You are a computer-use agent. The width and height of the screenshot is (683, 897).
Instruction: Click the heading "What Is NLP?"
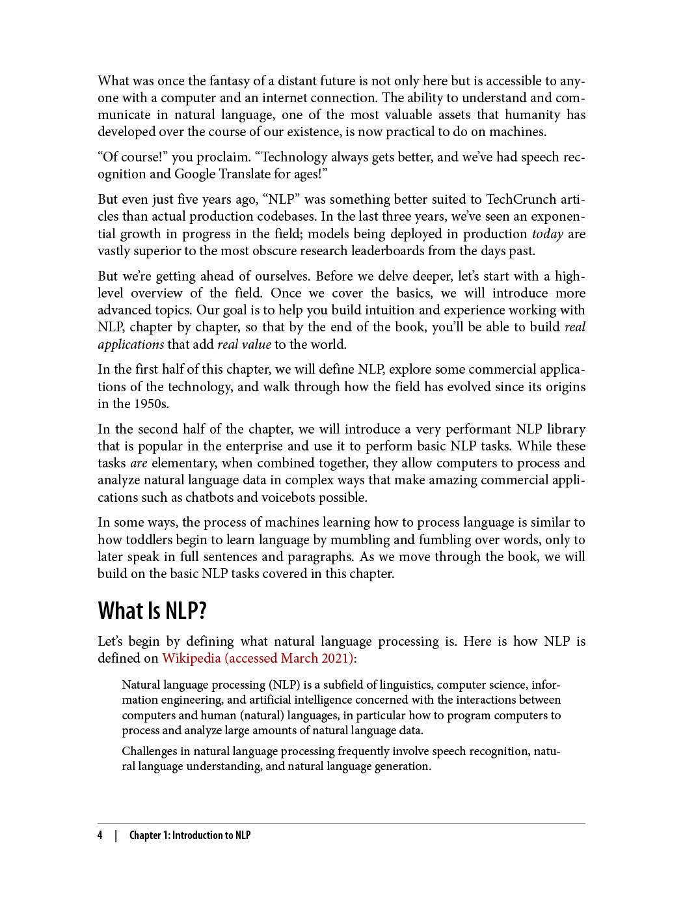[152, 611]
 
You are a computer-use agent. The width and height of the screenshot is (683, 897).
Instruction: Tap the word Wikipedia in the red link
[191, 658]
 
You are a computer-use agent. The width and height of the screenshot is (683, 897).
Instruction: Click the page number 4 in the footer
[100, 835]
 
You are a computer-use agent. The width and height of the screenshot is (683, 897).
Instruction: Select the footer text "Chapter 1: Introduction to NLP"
[189, 835]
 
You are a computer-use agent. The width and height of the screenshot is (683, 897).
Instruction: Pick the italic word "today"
[547, 234]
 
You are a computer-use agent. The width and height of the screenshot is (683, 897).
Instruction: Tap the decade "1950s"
[150, 404]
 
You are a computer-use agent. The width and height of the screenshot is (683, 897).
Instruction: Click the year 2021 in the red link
[336, 658]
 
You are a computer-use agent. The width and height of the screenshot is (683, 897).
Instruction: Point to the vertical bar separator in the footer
[116, 835]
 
